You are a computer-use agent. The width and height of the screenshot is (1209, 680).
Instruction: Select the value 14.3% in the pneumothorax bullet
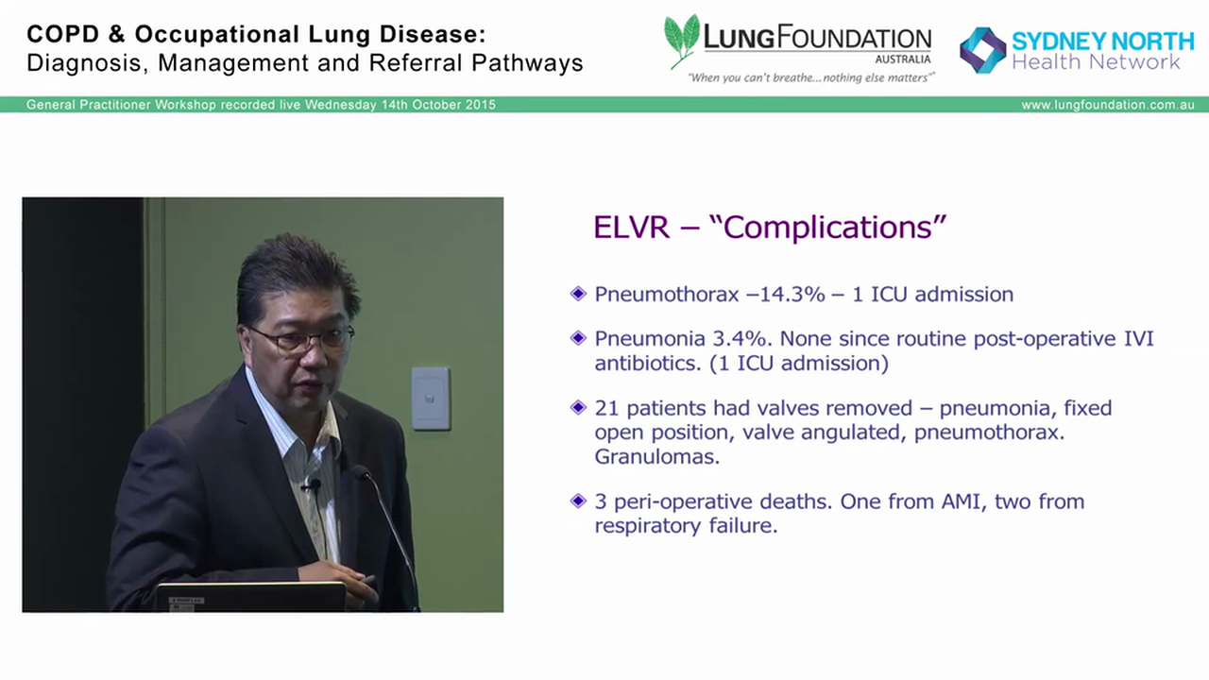click(776, 295)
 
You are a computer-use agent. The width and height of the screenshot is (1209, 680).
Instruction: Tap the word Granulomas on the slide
click(656, 457)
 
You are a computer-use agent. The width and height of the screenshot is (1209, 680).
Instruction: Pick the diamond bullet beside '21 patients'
click(578, 408)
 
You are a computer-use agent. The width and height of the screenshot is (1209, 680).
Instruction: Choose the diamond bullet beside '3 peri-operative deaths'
click(578, 501)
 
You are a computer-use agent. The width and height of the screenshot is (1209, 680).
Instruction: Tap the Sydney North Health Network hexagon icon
click(982, 50)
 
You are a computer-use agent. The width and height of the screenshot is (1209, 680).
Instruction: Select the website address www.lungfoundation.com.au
click(1107, 105)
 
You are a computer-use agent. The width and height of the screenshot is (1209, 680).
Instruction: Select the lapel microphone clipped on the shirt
click(311, 485)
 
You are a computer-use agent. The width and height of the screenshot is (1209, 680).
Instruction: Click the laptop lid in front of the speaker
click(251, 597)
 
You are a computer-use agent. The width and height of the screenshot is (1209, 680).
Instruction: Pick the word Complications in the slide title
click(835, 228)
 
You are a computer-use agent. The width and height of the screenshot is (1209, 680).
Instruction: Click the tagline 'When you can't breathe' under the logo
click(746, 77)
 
